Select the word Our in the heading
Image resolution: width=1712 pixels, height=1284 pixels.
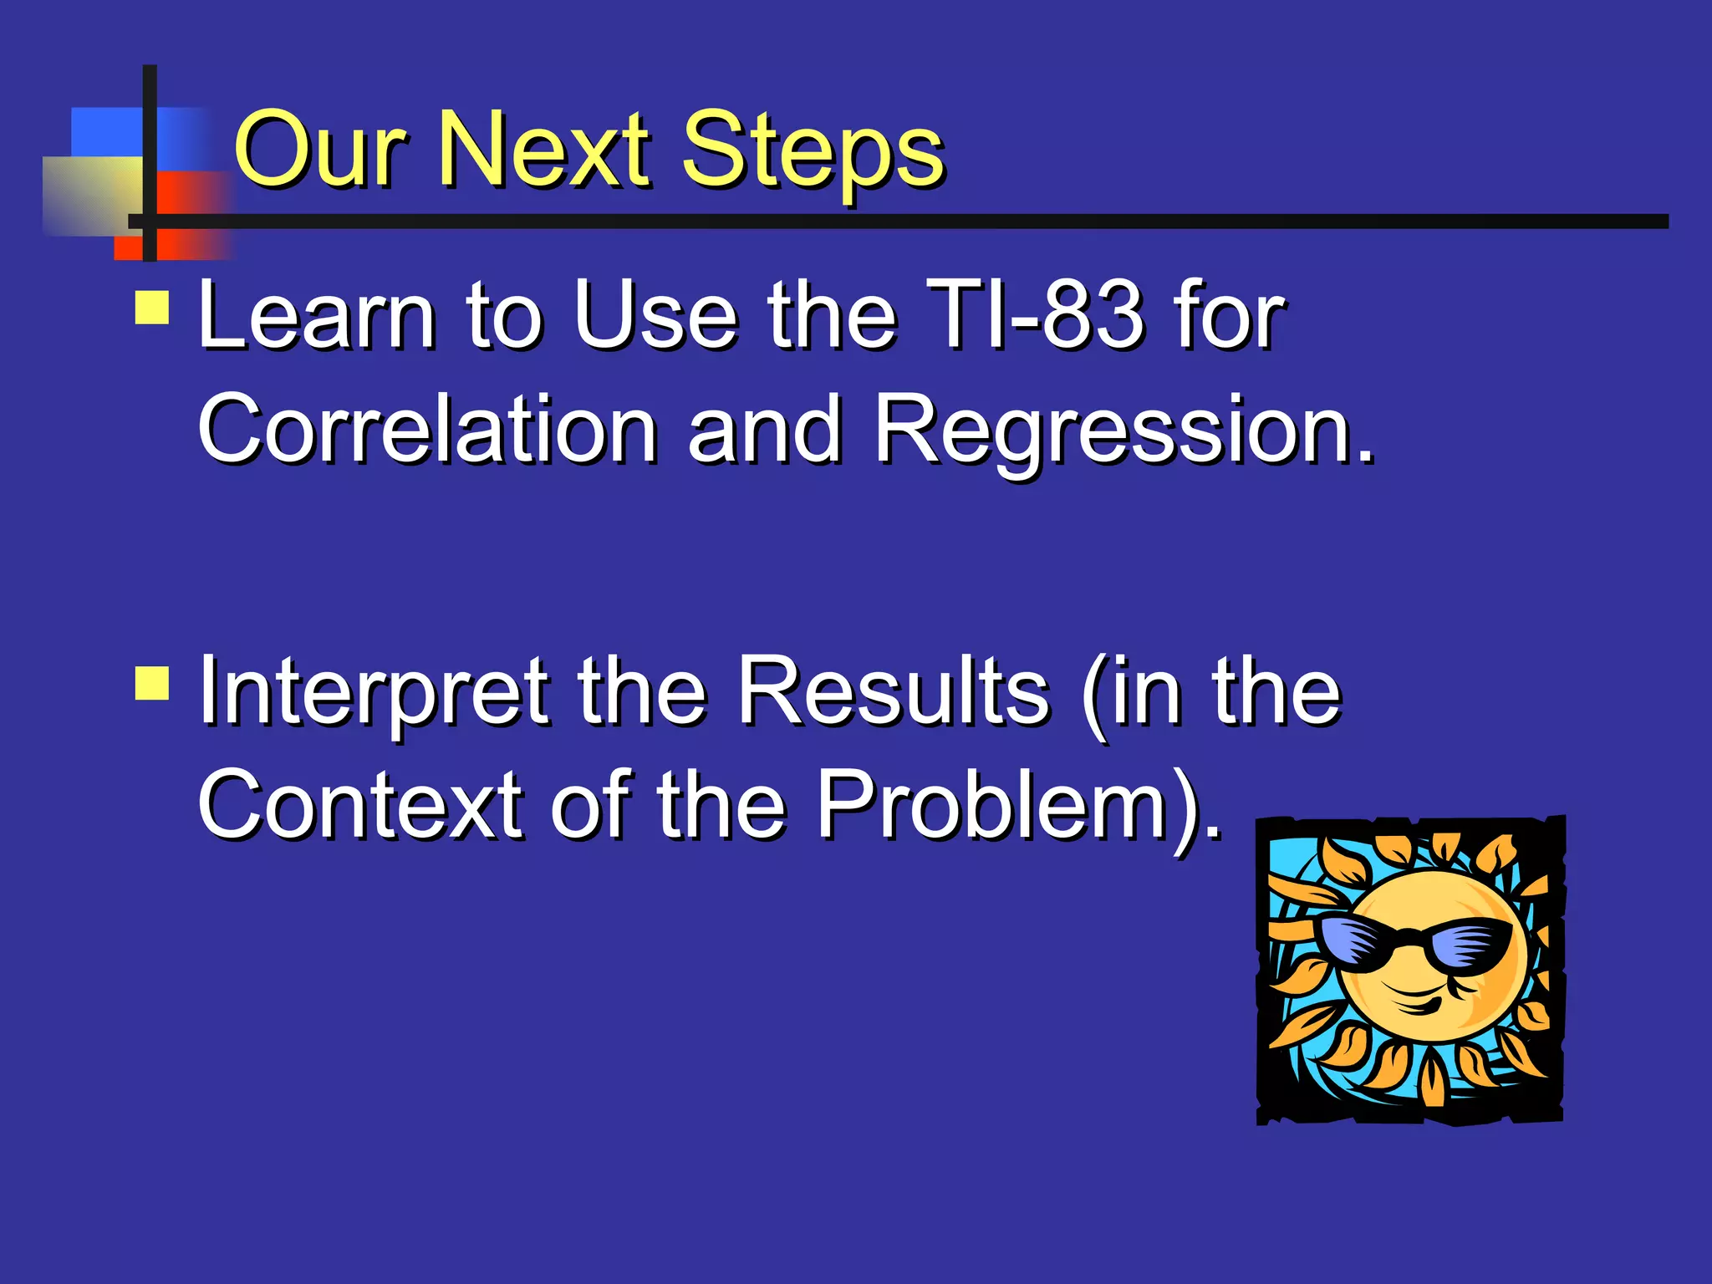(x=322, y=152)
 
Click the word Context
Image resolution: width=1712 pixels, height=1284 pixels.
(x=360, y=805)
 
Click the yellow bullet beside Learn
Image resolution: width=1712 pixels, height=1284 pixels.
(x=152, y=308)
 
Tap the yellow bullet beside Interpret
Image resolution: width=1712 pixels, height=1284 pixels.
(x=152, y=683)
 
